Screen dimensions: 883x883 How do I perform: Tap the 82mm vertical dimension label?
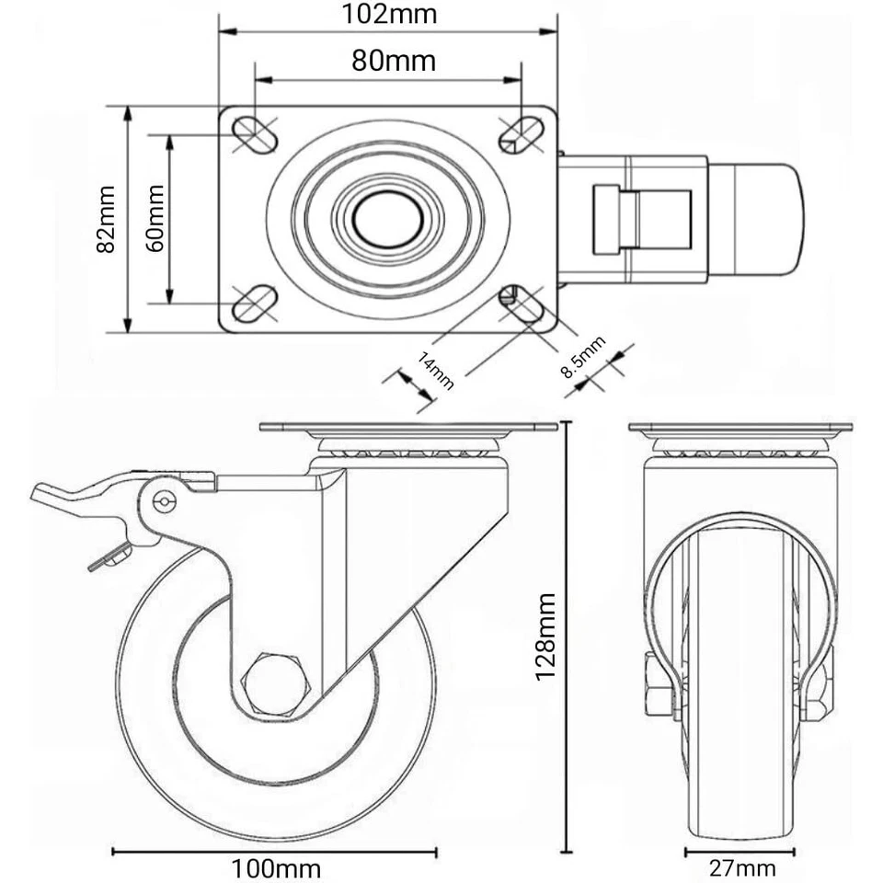pyautogui.click(x=107, y=219)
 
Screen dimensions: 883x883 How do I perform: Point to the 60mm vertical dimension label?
pyautogui.click(x=154, y=218)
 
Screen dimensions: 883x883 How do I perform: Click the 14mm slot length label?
pyautogui.click(x=436, y=371)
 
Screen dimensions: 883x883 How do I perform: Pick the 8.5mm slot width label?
pyautogui.click(x=583, y=359)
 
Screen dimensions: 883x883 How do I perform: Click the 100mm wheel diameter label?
pyautogui.click(x=276, y=866)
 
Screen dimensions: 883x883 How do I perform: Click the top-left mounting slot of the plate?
pyautogui.click(x=255, y=134)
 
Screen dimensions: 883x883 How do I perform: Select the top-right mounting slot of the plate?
pyautogui.click(x=521, y=134)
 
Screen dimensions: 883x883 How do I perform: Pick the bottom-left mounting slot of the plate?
pyautogui.click(x=255, y=303)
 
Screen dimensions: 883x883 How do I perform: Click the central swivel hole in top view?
pyautogui.click(x=387, y=220)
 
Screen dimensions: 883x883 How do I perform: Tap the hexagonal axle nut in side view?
pyautogui.click(x=275, y=683)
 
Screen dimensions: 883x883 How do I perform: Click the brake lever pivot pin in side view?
pyautogui.click(x=166, y=500)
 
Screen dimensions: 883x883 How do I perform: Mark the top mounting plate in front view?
pyautogui.click(x=740, y=428)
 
